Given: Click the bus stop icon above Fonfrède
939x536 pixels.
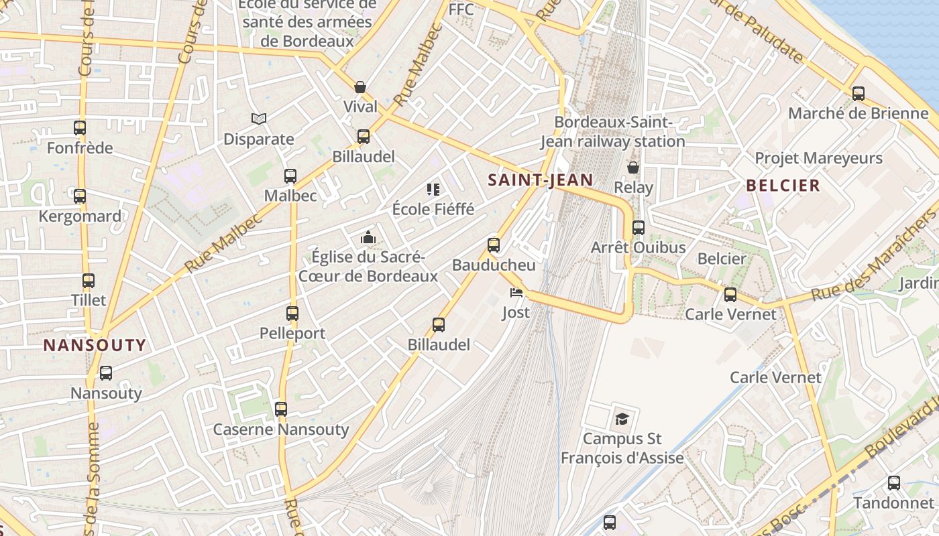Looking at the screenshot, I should coord(80,127).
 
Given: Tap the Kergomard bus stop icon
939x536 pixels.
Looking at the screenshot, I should coord(80,196).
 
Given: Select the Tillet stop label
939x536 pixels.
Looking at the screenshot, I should coord(89,299).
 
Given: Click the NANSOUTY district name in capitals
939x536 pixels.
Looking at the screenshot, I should coord(95,346).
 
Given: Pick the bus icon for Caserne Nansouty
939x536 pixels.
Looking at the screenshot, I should coord(281,409).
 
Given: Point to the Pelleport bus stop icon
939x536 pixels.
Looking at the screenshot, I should coord(292,313).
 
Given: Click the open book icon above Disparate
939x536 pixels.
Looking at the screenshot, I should coord(259,119).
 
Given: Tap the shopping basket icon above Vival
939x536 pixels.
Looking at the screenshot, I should coord(360,87).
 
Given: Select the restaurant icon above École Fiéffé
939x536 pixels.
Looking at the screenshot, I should coord(433,190).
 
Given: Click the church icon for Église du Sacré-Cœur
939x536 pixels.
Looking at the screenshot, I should coord(368,237).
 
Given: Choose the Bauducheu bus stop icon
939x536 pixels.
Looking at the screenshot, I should coord(494,245).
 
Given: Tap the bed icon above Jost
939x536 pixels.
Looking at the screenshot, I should coord(516,292).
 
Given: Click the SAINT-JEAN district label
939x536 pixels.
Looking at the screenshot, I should coord(540,180).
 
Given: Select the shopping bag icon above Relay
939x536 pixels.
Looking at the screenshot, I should coord(633,167).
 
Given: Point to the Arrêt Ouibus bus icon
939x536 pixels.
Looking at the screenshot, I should coord(639,228).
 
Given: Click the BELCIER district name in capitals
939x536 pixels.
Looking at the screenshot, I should coord(783,186).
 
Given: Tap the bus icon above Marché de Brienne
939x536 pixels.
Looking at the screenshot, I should coord(859,94).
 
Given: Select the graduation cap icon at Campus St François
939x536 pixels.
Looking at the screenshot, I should coord(622,419).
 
